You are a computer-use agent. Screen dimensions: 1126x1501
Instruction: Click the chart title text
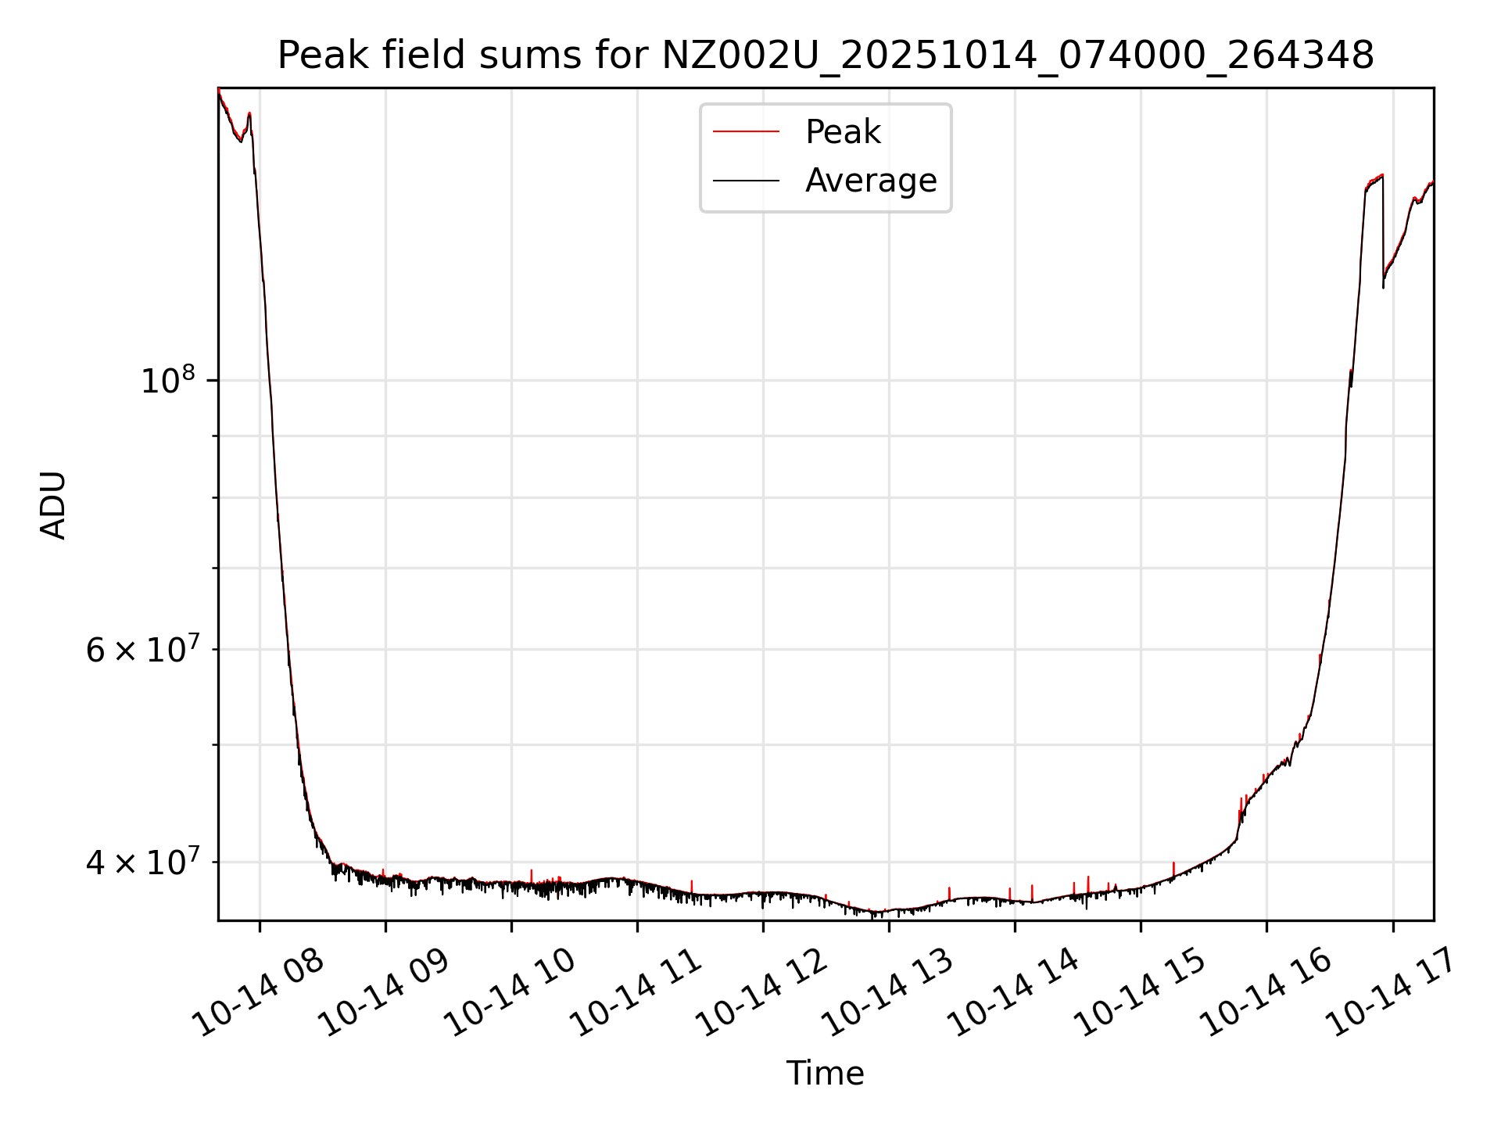click(x=826, y=56)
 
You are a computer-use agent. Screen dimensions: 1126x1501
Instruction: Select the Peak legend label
click(x=843, y=132)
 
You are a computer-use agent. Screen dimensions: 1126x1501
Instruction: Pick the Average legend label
click(x=871, y=181)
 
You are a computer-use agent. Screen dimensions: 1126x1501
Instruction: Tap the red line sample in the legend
click(x=746, y=132)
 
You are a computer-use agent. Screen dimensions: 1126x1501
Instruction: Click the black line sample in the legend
click(x=746, y=181)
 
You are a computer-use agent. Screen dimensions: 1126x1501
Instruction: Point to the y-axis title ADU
click(x=53, y=504)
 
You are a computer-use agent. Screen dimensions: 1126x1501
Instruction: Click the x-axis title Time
click(x=825, y=1074)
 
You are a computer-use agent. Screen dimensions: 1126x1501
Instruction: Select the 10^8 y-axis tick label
click(x=167, y=381)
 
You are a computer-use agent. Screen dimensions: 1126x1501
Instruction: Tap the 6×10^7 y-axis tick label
click(x=141, y=650)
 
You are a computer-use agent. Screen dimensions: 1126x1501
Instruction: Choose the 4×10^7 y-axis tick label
click(x=141, y=862)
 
